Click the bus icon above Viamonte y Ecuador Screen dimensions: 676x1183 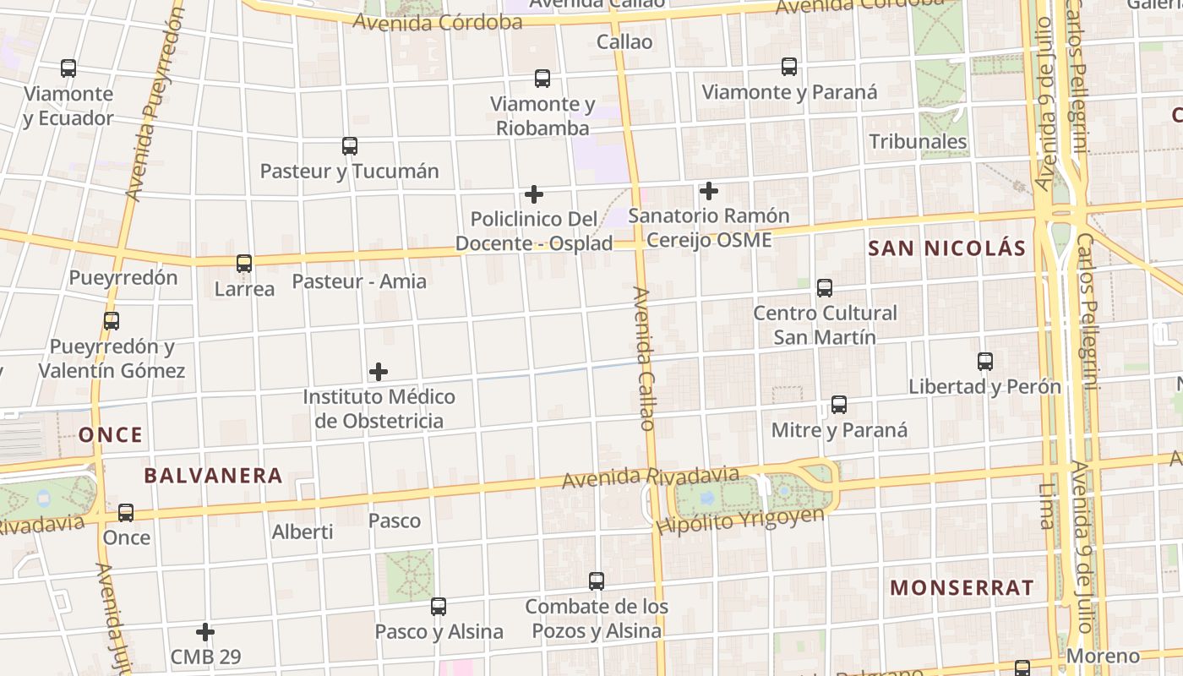coord(68,68)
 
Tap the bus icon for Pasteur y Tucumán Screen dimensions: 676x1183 coord(350,145)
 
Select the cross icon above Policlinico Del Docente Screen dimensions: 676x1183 coord(534,194)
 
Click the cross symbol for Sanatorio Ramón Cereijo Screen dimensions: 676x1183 coord(709,191)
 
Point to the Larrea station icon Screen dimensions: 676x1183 coord(244,264)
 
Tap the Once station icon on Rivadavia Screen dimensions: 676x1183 coord(126,512)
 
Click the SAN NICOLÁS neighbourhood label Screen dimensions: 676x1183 coord(946,248)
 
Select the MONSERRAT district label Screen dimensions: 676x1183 coord(962,587)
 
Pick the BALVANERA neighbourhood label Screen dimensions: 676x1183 coord(213,475)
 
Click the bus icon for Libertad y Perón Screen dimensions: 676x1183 coord(985,362)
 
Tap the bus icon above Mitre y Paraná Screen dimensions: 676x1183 coord(839,405)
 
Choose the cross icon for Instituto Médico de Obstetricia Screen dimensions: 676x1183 coord(379,372)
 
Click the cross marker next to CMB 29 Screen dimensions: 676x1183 coord(205,631)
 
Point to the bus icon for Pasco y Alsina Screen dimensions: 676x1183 coord(439,606)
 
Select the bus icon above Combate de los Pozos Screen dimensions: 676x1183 coord(597,581)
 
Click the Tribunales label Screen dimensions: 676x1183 coord(918,141)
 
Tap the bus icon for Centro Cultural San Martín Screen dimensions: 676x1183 coord(825,288)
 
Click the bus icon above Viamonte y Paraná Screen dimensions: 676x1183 coord(789,67)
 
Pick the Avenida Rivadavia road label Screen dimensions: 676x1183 coord(651,477)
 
